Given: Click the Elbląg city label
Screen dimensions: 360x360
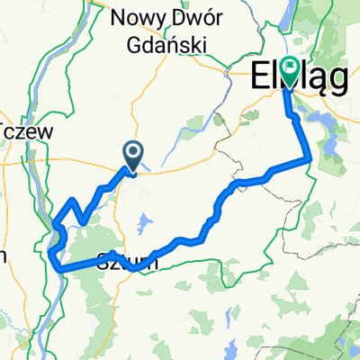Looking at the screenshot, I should [297, 78].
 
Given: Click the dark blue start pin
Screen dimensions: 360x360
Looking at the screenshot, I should [132, 154].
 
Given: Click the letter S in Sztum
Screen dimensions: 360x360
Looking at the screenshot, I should [102, 264].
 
